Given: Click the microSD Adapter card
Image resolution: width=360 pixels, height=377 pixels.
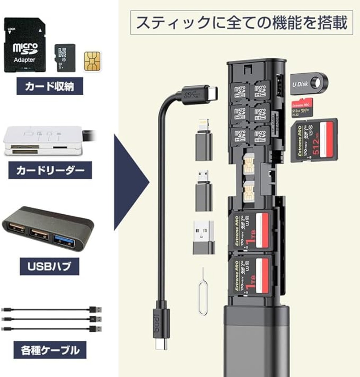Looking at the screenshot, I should [x=24, y=45].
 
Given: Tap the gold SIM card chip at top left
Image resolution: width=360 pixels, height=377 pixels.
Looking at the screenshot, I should [x=92, y=61].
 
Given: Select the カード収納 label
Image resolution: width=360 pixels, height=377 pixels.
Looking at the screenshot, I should [x=50, y=86].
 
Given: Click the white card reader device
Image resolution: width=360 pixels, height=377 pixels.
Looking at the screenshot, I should [x=43, y=141].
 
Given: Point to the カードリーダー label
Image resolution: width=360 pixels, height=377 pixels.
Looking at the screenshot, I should [x=50, y=170].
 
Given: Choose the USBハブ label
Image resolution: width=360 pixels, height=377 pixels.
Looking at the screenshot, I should [x=49, y=266].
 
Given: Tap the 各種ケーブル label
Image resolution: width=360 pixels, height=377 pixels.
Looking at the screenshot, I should [x=50, y=350].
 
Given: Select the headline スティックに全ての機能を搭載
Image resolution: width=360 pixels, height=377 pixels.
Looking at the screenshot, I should [x=242, y=23].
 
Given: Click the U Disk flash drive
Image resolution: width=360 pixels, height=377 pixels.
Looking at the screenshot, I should [x=309, y=84].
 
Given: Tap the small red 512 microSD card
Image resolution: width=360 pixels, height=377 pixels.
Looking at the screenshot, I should [x=302, y=108].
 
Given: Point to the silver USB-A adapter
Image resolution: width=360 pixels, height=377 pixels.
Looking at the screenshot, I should [x=204, y=237].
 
